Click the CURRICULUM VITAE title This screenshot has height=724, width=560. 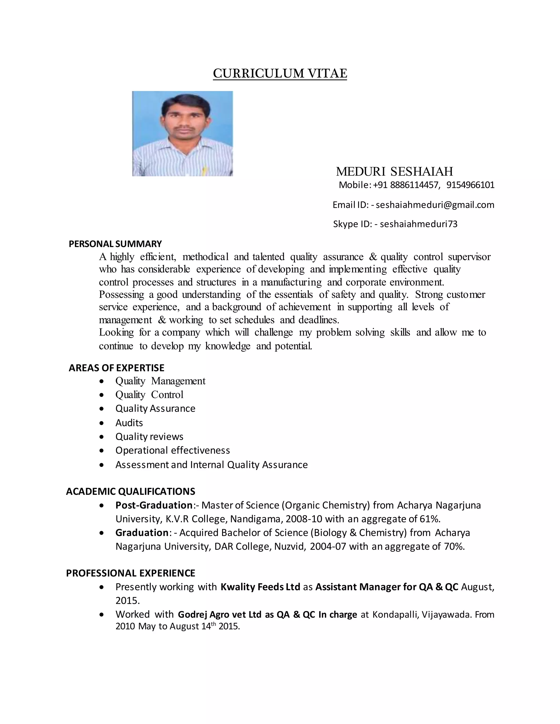280,73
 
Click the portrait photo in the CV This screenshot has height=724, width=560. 182,134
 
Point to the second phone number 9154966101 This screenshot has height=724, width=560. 470,185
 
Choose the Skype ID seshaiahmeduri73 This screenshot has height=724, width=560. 418,224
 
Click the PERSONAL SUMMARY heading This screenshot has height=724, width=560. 115,244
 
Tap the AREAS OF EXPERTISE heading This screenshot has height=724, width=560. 116,368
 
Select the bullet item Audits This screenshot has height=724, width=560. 129,423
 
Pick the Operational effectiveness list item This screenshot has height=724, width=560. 173,451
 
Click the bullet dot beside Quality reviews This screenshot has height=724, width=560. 102,437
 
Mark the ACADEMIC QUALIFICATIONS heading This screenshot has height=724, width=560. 131,491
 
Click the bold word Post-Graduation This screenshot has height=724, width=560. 154,505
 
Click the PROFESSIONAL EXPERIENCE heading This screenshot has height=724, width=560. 131,573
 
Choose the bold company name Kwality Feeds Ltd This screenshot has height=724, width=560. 260,587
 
